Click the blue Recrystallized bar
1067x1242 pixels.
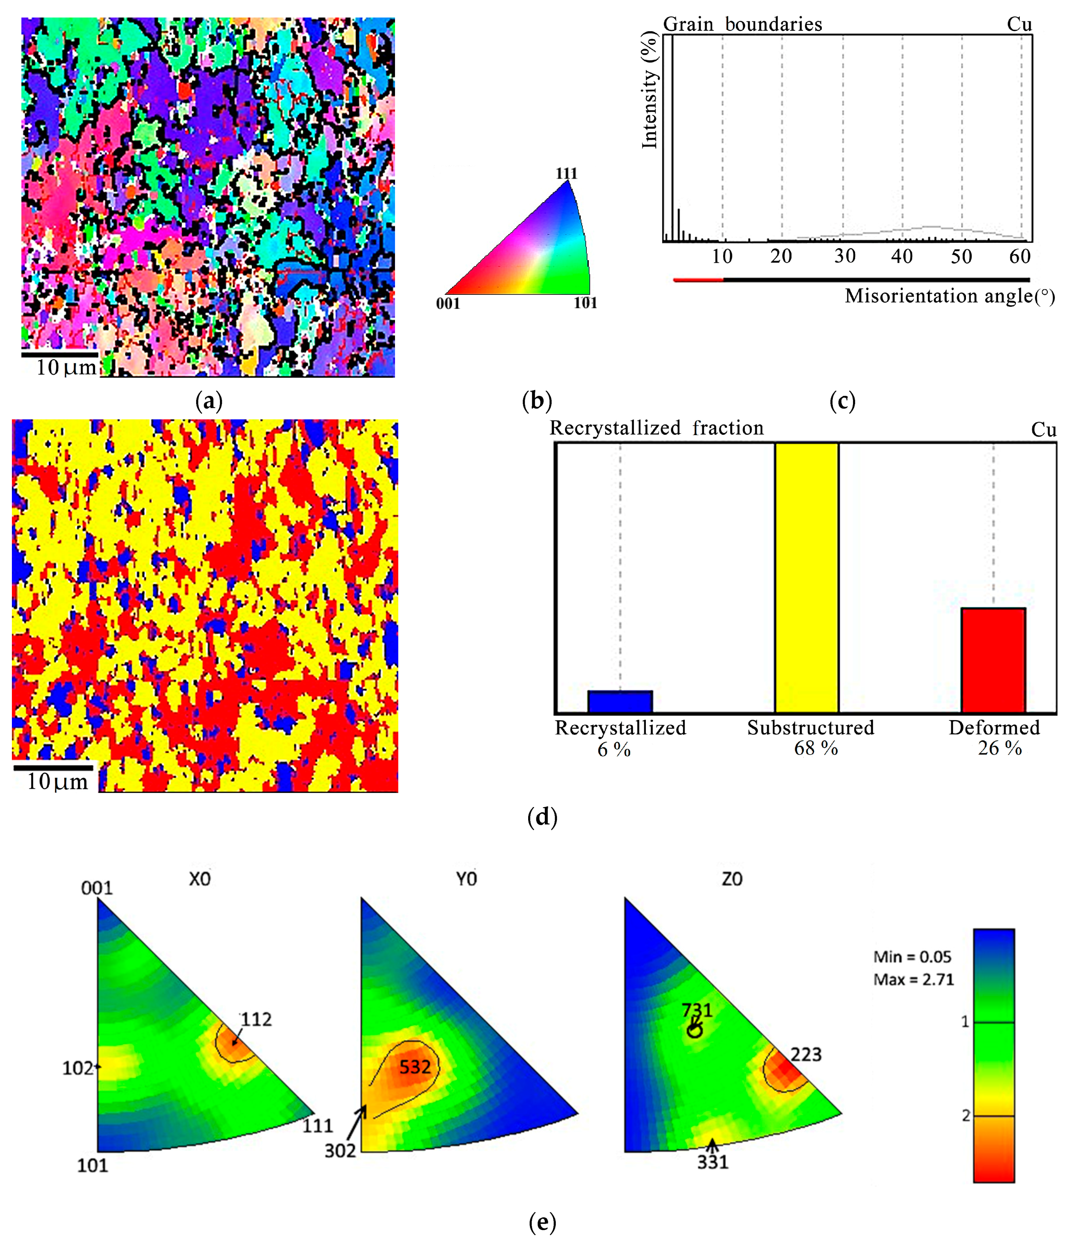(619, 701)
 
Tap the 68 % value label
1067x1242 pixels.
(815, 748)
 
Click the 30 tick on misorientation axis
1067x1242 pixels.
(844, 256)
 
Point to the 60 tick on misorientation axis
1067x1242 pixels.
(1019, 256)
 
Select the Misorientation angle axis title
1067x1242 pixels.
(949, 296)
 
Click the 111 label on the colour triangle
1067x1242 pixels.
(566, 174)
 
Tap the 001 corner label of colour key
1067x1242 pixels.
(448, 304)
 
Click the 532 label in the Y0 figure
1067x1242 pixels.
(415, 1067)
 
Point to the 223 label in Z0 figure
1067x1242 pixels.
(805, 1055)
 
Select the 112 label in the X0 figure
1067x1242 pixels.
(256, 1020)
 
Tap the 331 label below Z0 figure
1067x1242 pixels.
(712, 1162)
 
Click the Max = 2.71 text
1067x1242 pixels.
(913, 980)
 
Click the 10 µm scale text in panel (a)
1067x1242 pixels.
(66, 367)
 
